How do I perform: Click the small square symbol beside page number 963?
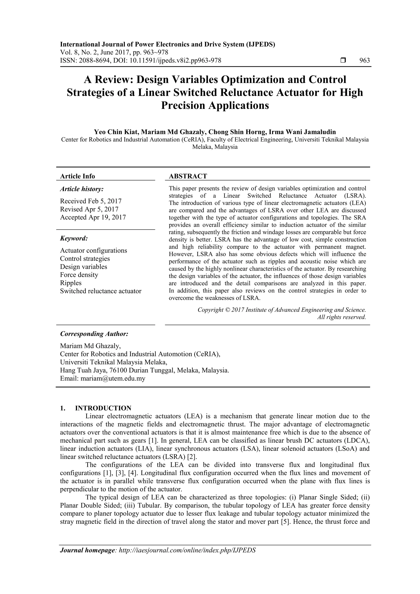point(343,60)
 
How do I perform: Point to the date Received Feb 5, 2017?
point(91,201)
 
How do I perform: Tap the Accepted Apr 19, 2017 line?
point(93,217)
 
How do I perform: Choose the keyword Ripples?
point(71,283)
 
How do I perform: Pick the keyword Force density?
point(79,275)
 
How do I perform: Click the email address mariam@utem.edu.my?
point(113,379)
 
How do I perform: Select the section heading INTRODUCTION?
point(103,408)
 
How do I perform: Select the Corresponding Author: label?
point(94,334)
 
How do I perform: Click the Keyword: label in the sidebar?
point(74,238)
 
